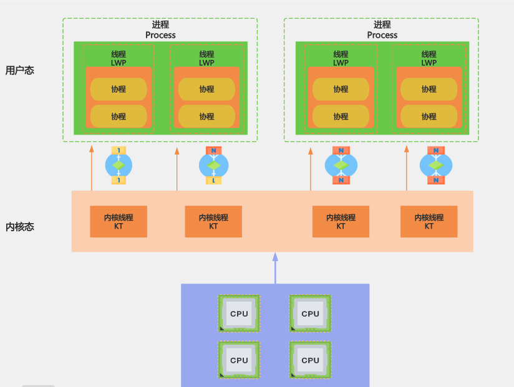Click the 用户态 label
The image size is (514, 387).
(x=20, y=70)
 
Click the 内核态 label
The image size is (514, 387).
(x=20, y=227)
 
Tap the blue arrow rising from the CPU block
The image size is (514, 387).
(x=275, y=268)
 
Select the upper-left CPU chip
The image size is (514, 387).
(x=239, y=313)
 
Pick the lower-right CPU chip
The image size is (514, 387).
(x=310, y=360)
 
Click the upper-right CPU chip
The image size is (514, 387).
(x=310, y=313)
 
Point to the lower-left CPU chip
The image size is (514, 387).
(x=239, y=360)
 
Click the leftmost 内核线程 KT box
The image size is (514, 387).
(x=119, y=222)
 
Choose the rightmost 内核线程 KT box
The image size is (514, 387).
(x=429, y=222)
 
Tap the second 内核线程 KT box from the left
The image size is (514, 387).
(x=213, y=222)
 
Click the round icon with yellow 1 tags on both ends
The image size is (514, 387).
(x=119, y=165)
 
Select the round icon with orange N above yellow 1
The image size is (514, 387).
(x=213, y=165)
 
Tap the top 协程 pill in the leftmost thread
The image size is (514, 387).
(x=119, y=89)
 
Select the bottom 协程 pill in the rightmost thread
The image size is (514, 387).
(x=429, y=117)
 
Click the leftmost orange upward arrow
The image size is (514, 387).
(x=92, y=168)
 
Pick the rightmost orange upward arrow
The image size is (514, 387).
(x=407, y=168)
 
